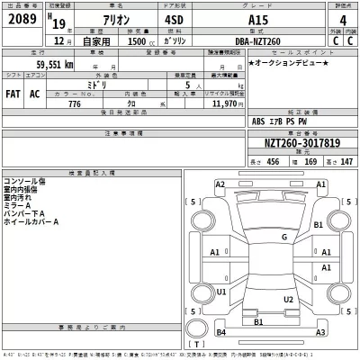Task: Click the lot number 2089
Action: tap(21, 18)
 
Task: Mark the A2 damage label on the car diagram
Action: tap(220, 184)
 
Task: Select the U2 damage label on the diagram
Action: tap(288, 299)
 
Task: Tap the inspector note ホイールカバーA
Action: tap(32, 221)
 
